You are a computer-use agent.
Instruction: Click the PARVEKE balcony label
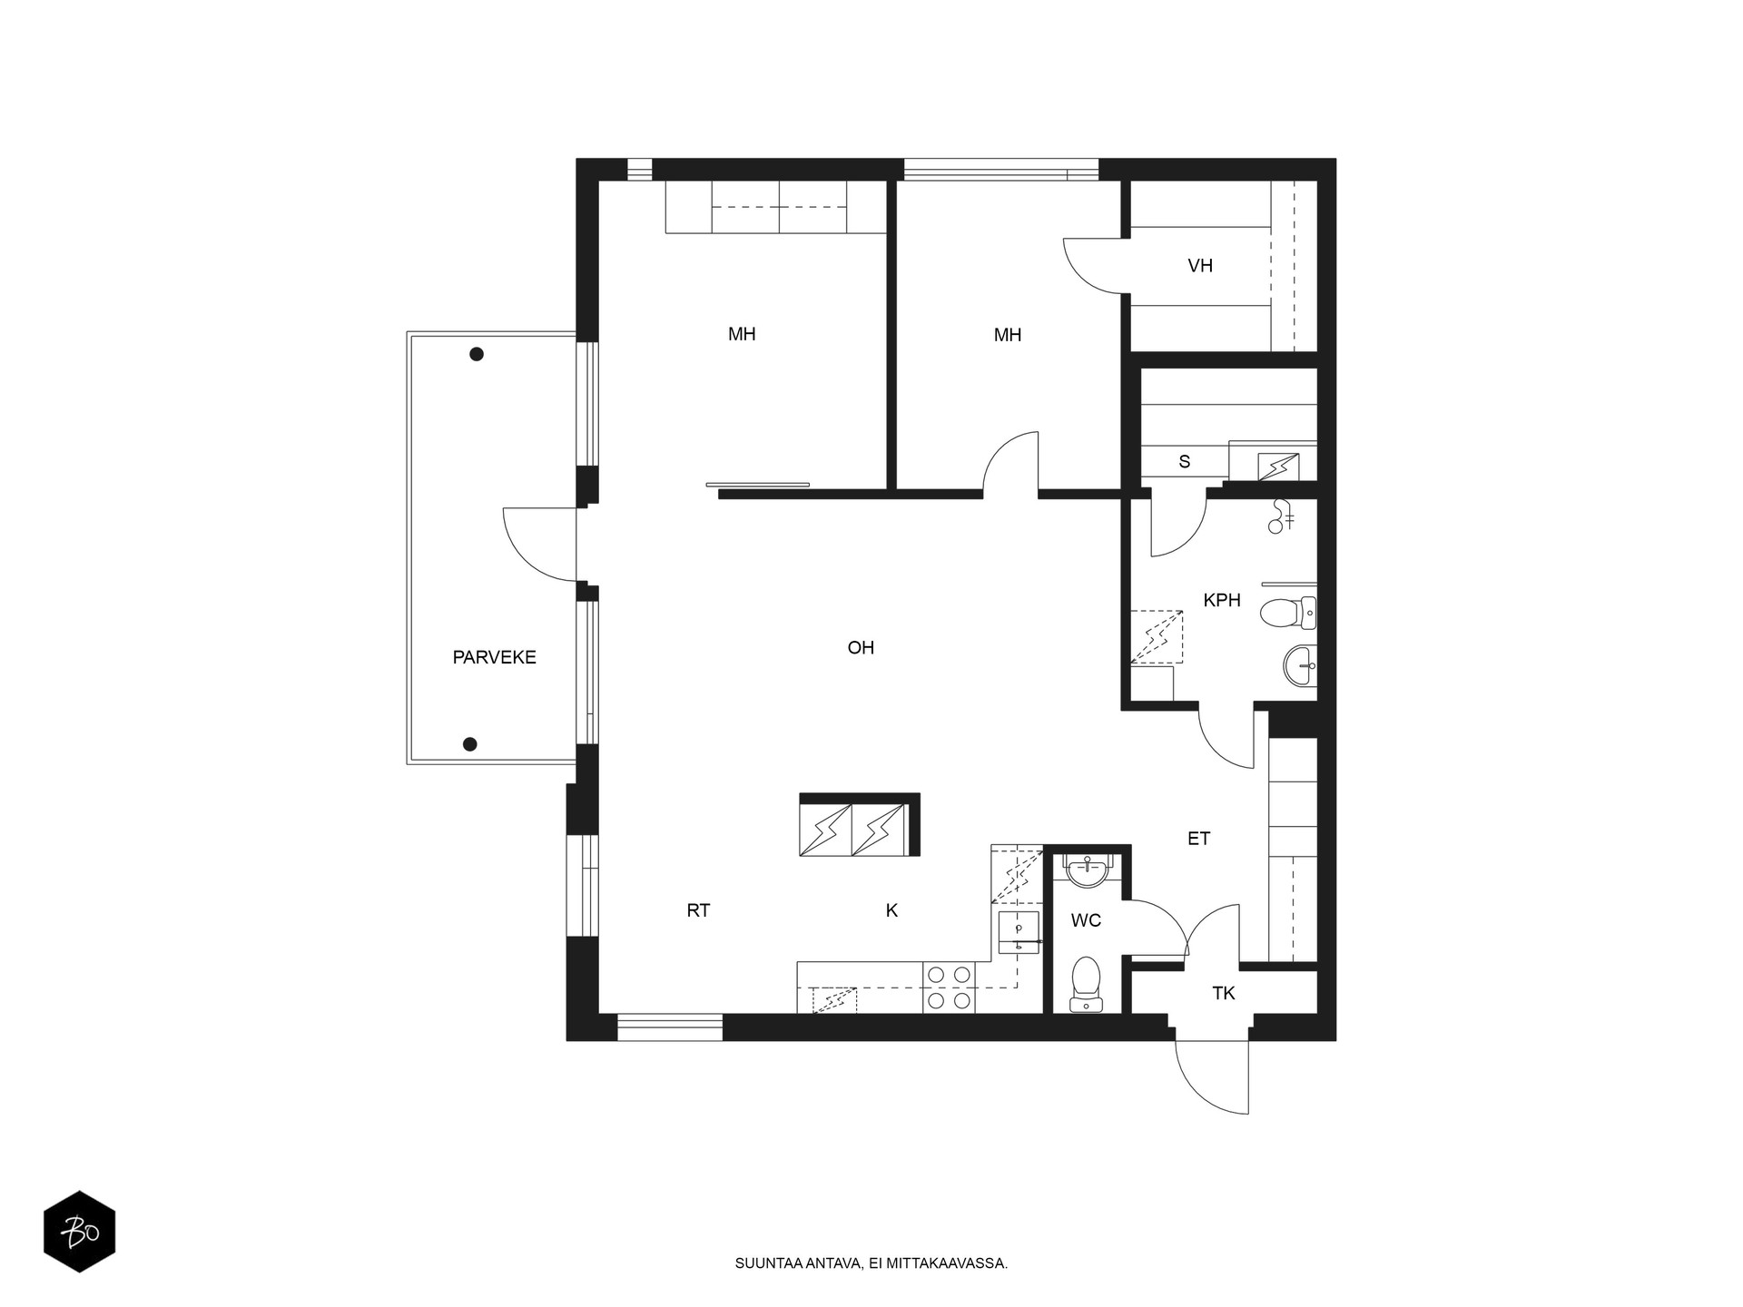click(494, 657)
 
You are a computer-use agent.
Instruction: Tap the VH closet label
click(1200, 266)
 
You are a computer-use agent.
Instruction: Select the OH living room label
click(861, 647)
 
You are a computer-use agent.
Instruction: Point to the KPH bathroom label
click(1222, 600)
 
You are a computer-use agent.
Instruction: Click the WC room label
click(1086, 920)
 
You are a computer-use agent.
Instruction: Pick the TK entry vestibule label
click(1224, 993)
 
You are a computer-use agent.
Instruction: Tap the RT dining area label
click(698, 910)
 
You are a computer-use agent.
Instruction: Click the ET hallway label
click(1198, 839)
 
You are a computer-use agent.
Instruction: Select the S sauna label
click(1185, 462)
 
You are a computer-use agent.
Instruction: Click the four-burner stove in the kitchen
click(949, 988)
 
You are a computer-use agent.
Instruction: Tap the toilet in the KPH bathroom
click(1287, 614)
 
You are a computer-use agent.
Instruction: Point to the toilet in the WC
click(1086, 984)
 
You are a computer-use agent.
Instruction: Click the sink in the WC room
click(1087, 871)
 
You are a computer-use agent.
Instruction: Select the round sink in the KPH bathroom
click(1300, 666)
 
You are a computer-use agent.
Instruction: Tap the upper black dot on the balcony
click(476, 354)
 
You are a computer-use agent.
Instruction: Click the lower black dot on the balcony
click(469, 744)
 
